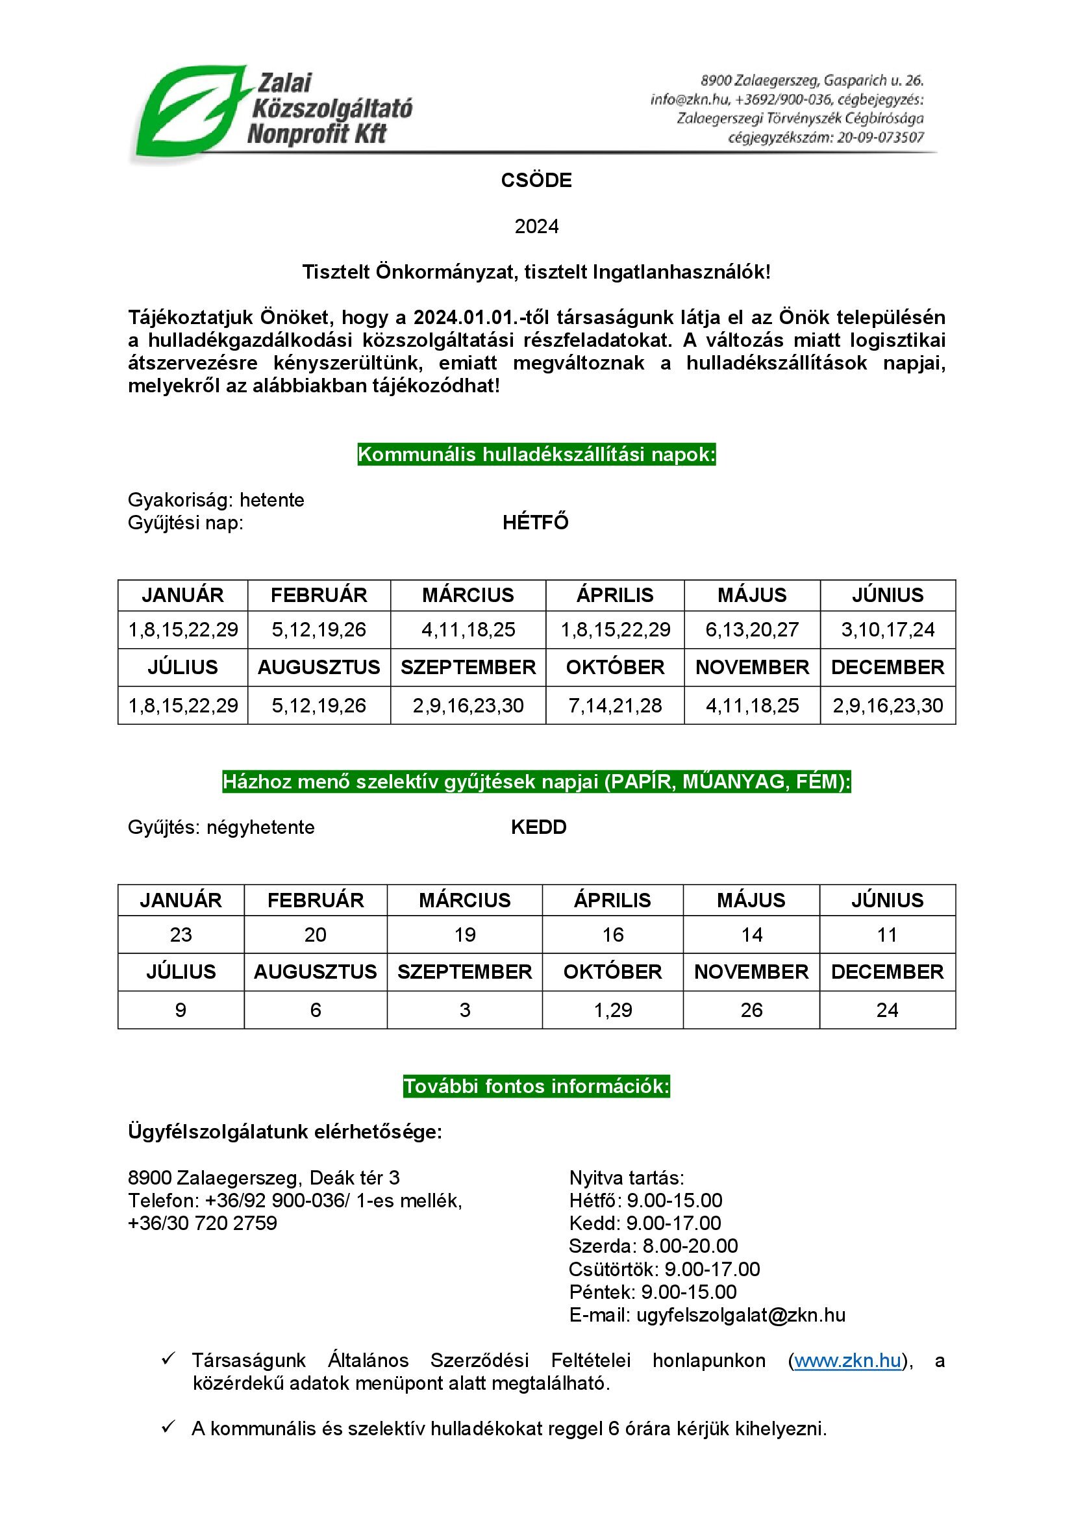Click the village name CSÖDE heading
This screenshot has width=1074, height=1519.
point(536,180)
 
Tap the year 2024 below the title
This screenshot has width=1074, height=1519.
point(536,226)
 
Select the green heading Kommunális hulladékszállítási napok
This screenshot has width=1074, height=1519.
point(536,455)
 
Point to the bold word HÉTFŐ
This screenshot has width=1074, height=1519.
point(536,523)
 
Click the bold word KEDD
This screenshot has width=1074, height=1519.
point(538,827)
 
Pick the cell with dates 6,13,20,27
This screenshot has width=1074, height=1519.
point(752,629)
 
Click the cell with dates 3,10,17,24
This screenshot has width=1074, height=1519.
point(888,629)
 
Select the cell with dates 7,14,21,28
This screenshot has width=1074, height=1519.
point(615,705)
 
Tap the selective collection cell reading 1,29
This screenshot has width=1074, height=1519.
point(613,1010)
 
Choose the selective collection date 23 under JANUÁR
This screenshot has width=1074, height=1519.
point(181,934)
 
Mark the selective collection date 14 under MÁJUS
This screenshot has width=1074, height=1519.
point(752,934)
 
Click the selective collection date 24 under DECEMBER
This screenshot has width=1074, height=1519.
point(887,1010)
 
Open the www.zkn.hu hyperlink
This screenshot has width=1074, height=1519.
point(847,1361)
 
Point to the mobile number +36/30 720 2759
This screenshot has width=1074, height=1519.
point(203,1223)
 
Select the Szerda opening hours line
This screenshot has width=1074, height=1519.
point(653,1246)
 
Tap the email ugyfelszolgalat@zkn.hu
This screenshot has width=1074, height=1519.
point(741,1314)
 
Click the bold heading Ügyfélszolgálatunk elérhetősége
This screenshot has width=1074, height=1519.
point(285,1132)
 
